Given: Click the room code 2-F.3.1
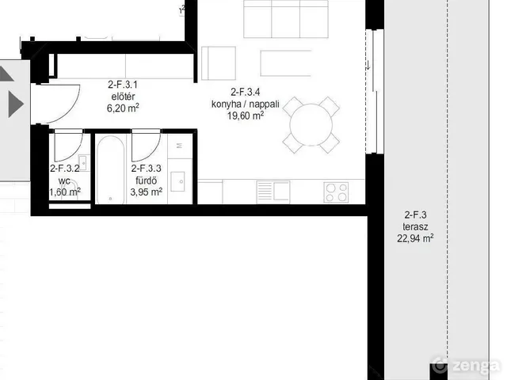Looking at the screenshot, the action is click(123, 85).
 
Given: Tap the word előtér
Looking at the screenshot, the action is click(123, 97).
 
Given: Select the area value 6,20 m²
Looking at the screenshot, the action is click(123, 108).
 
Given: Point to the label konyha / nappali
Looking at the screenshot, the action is click(245, 104).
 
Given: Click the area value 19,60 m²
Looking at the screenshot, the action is click(246, 116).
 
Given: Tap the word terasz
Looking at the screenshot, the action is click(415, 226).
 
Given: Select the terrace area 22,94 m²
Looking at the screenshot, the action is click(415, 238).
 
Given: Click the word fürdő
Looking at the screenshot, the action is click(146, 180).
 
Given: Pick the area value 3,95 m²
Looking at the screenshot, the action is click(146, 192).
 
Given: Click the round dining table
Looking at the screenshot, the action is click(311, 125).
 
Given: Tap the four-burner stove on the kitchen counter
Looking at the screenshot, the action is click(336, 192).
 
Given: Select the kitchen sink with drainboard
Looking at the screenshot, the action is click(273, 192).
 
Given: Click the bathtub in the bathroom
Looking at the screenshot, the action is click(110, 170).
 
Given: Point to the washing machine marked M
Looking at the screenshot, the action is click(180, 146).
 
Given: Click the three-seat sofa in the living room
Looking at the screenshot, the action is click(286, 19).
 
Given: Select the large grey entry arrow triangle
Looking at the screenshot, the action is click(16, 104).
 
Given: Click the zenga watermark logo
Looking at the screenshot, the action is click(465, 366).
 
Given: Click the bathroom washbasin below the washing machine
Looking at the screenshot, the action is click(177, 181).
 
